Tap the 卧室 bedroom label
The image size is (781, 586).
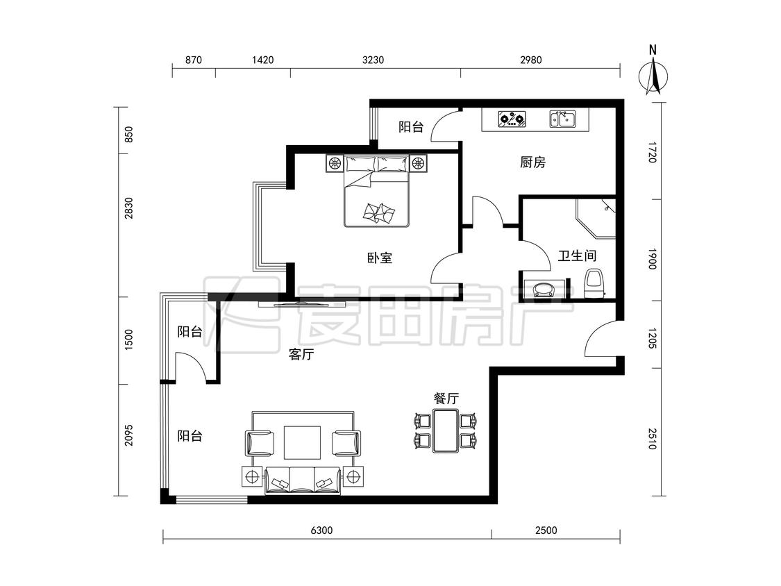pyautogui.click(x=380, y=258)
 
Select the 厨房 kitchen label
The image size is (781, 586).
pyautogui.click(x=532, y=162)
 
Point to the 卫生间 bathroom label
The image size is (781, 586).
pyautogui.click(x=577, y=256)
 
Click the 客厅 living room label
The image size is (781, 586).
pyautogui.click(x=301, y=354)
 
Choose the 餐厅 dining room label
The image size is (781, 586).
pyautogui.click(x=446, y=398)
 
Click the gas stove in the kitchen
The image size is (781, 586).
pyautogui.click(x=512, y=119)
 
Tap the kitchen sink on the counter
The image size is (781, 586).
pyautogui.click(x=562, y=119)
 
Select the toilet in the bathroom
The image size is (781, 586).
pyautogui.click(x=594, y=283)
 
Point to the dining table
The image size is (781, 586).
pyautogui.click(x=446, y=430)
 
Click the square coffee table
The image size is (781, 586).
pyautogui.click(x=303, y=442)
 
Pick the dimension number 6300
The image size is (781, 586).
pyautogui.click(x=321, y=530)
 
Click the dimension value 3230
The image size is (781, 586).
pyautogui.click(x=373, y=60)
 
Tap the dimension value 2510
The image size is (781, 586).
pyautogui.click(x=652, y=439)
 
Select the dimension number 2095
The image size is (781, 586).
pyautogui.click(x=129, y=435)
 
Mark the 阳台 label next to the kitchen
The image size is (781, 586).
pyautogui.click(x=411, y=126)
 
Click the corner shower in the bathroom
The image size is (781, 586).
pyautogui.click(x=596, y=218)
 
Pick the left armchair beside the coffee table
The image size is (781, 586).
pyautogui.click(x=260, y=443)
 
